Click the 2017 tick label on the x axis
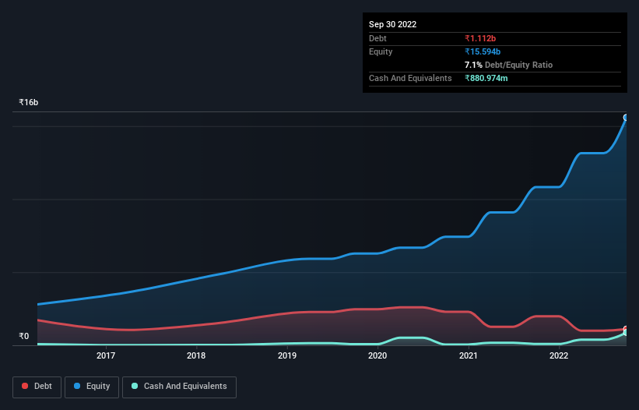(106, 355)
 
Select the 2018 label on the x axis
(196, 355)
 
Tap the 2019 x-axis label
(287, 355)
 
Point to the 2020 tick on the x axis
(377, 355)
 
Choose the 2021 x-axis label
(468, 355)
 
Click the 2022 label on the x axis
(558, 355)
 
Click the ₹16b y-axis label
(29, 103)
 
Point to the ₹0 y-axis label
(24, 337)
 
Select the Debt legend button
(36, 387)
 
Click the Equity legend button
(92, 387)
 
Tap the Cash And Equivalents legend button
(179, 387)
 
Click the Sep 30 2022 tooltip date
(393, 24)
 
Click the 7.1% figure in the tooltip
(473, 65)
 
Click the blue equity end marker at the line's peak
(625, 118)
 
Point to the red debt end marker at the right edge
(625, 329)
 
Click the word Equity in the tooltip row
(381, 51)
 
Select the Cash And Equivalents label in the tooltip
(410, 78)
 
